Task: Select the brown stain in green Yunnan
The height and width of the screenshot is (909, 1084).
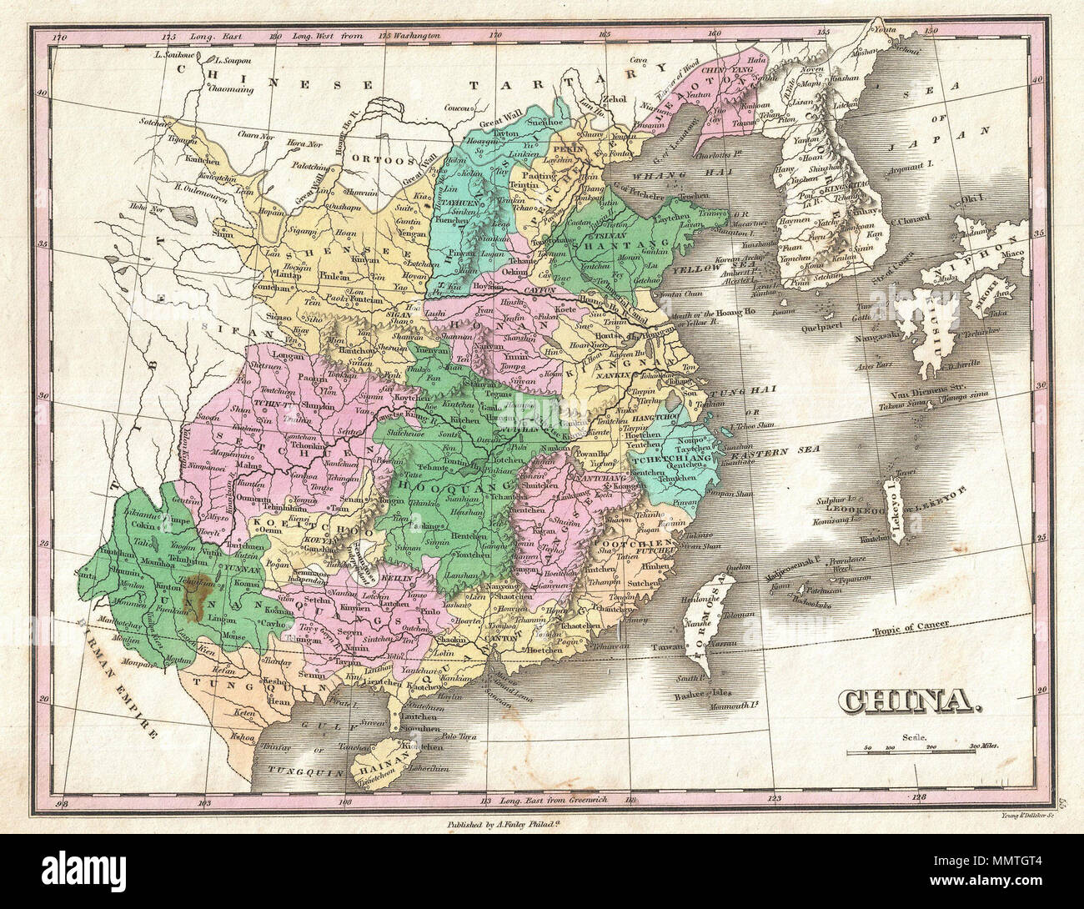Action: [x=197, y=593]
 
